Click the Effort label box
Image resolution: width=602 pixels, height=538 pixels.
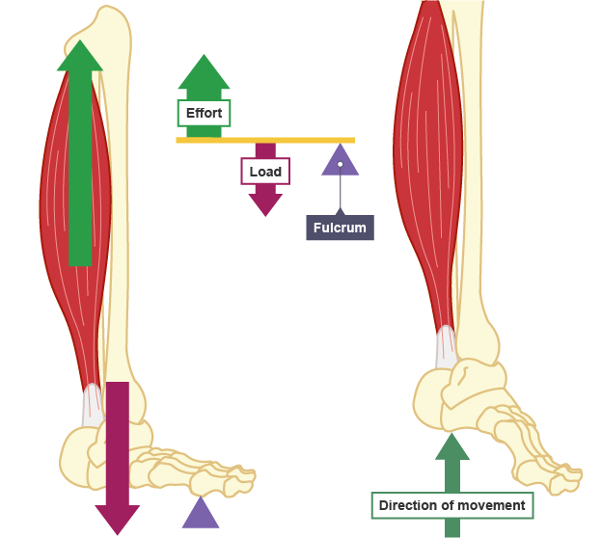[x=204, y=114]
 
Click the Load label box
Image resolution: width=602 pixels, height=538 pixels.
[x=265, y=173]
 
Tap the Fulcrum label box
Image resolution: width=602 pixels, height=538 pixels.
[x=340, y=228]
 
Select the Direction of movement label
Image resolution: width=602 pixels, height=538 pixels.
[x=451, y=505]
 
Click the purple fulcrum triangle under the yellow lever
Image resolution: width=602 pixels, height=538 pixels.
[x=340, y=161]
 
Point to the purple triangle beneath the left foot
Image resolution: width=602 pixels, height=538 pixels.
[x=201, y=514]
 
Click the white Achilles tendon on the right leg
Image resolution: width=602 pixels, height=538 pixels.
[x=445, y=346]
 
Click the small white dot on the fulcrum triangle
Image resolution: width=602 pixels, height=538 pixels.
[x=340, y=164]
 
